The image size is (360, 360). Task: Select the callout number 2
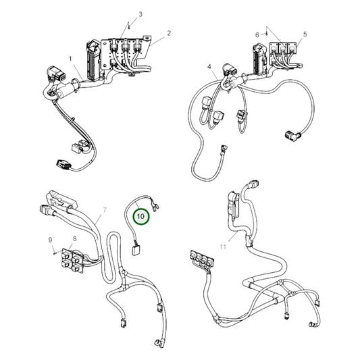point(168,33)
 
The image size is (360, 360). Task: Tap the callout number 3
point(140,14)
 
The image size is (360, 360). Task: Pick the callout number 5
point(305,33)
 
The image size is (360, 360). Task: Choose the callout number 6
point(257,34)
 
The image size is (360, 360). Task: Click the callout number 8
point(74,238)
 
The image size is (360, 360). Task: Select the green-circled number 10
point(141,216)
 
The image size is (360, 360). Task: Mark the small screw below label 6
point(269,37)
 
